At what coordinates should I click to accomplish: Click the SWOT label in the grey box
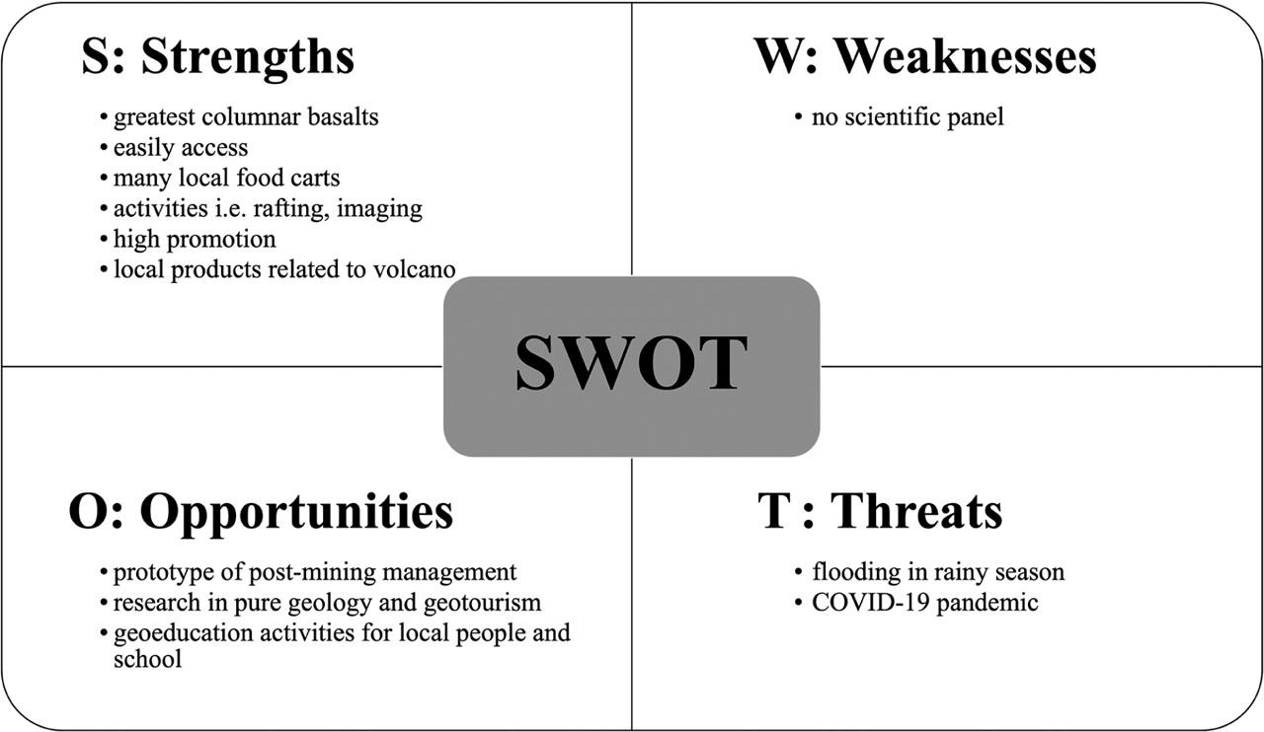click(631, 363)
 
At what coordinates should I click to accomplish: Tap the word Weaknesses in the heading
click(966, 56)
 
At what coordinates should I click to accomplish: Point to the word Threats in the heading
click(916, 511)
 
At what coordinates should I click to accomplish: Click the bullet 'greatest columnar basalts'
click(246, 117)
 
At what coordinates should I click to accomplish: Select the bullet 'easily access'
click(181, 148)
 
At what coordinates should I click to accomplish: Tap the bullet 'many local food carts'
click(226, 179)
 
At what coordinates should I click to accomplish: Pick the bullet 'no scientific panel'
click(908, 117)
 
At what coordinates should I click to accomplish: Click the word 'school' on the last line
click(148, 659)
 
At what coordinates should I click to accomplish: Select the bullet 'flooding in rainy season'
click(938, 573)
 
